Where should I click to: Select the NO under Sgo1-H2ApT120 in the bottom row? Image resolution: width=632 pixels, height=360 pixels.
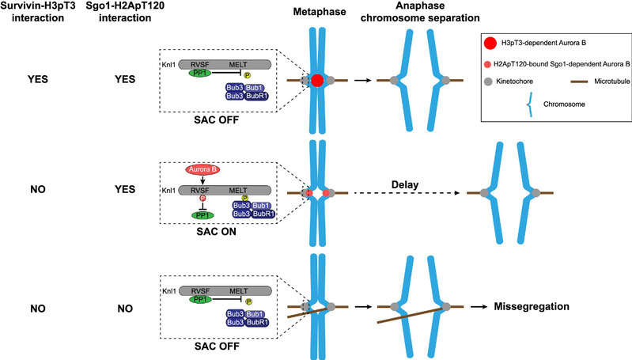click(150, 305)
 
